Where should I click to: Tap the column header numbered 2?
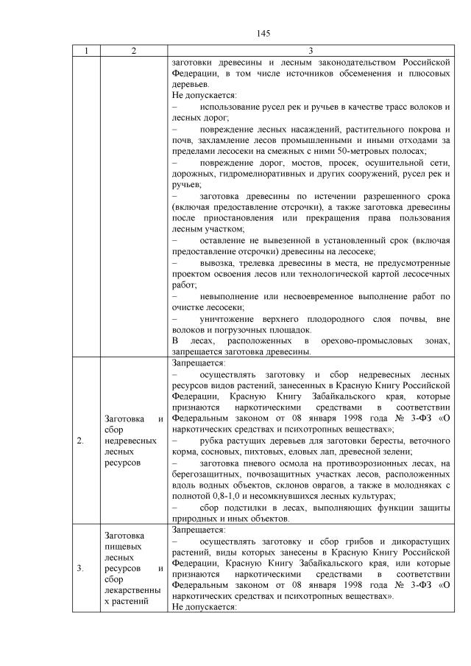[132, 51]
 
